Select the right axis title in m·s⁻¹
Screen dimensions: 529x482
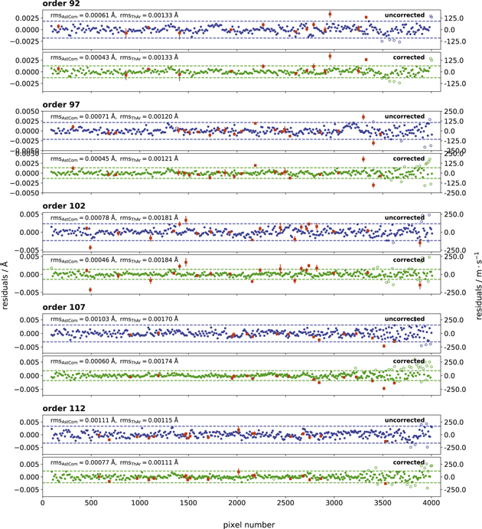coord(476,264)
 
